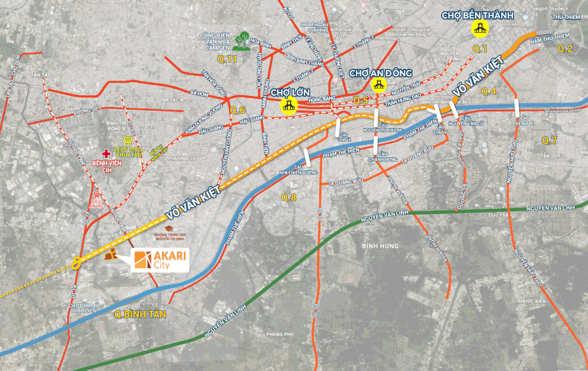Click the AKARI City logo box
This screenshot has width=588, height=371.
pyautogui.click(x=160, y=260)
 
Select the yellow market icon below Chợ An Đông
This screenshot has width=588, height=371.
pyautogui.click(x=378, y=86)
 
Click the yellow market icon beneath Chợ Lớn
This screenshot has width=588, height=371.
pyautogui.click(x=288, y=105)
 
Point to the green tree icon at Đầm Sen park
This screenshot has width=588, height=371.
pyautogui.click(x=245, y=41)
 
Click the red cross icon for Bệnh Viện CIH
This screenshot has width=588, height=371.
pyautogui.click(x=105, y=153)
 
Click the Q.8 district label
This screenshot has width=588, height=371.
pyautogui.click(x=289, y=198)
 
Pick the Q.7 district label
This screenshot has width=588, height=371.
pyautogui.click(x=550, y=140)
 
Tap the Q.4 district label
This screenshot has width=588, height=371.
pyautogui.click(x=488, y=91)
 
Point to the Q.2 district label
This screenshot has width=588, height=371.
pyautogui.click(x=566, y=48)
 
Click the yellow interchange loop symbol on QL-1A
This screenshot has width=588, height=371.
pyautogui.click(x=75, y=262)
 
